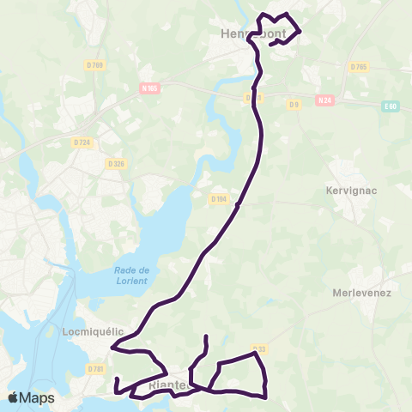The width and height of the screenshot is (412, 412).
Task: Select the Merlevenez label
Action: (x=362, y=293)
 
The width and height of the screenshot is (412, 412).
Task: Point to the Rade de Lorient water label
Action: (x=131, y=276)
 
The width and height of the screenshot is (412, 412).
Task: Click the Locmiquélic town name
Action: (x=94, y=330)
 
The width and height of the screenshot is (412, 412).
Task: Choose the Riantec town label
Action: (x=168, y=385)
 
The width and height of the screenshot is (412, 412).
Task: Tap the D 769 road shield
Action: (x=94, y=65)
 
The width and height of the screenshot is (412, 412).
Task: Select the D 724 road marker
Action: (x=82, y=142)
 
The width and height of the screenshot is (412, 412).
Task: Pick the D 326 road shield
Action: (x=116, y=163)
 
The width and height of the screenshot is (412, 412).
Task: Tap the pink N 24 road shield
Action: (x=324, y=100)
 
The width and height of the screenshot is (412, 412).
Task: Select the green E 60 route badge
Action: (x=391, y=105)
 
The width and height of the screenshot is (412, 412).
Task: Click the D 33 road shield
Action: (x=262, y=348)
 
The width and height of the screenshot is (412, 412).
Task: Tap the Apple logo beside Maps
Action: (x=14, y=397)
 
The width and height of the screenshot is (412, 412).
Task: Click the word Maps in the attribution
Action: (x=37, y=397)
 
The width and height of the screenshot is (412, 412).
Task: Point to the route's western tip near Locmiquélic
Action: (x=113, y=347)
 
